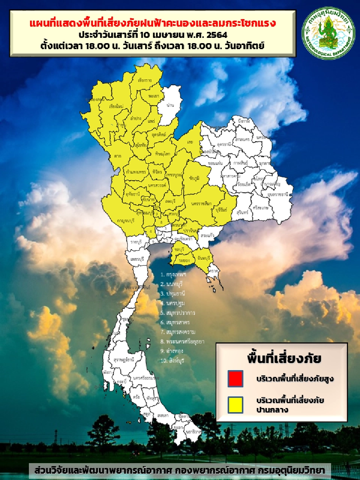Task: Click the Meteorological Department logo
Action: coord(328,33)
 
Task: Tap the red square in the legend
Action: coord(235,378)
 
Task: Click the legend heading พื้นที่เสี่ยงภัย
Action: coord(284,358)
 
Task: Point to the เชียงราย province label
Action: coord(145,80)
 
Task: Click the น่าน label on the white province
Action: coord(170,105)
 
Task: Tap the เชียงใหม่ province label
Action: coord(116,106)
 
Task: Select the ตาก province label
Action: coord(118,156)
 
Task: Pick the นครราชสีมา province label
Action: coord(201,204)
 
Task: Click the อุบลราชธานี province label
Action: coord(278,195)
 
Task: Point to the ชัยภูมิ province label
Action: coord(194,178)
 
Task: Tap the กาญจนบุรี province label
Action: coord(125,221)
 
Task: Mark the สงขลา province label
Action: coord(163,415)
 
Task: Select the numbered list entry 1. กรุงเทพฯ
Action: coord(173,274)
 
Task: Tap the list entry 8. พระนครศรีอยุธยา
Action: coord(182,341)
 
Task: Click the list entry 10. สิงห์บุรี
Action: coord(172,360)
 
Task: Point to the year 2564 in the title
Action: coord(217,35)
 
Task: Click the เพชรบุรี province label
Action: coord(138,259)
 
